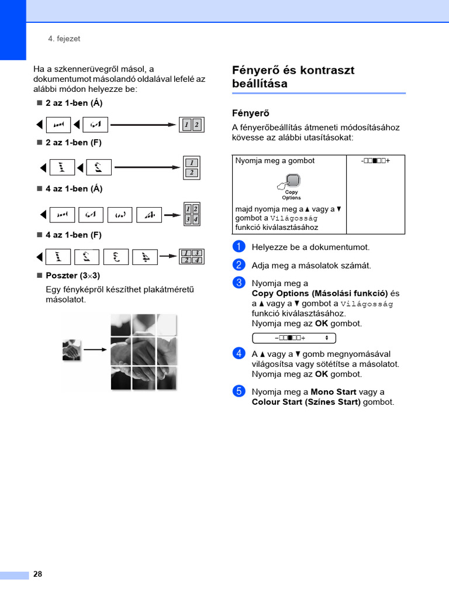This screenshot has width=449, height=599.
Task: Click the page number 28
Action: click(37, 574)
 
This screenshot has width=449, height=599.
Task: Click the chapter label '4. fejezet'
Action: click(64, 39)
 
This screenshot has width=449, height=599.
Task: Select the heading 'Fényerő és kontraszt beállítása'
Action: click(293, 77)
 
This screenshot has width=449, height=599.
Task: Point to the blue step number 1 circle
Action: click(238, 247)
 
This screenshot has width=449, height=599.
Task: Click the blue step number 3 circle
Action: click(238, 283)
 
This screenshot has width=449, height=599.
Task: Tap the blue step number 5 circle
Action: click(238, 392)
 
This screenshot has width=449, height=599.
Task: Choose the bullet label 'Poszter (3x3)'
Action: click(72, 276)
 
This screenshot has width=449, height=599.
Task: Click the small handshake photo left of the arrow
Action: click(71, 350)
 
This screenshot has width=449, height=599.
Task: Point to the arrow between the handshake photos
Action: click(95, 350)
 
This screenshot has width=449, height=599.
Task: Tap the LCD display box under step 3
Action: click(293, 338)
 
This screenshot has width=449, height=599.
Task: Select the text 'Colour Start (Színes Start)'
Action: click(306, 402)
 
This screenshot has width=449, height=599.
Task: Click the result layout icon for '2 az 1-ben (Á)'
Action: click(191, 125)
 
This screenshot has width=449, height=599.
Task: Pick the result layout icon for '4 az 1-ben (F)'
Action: click(191, 256)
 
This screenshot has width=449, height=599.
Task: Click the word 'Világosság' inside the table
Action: click(293, 218)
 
